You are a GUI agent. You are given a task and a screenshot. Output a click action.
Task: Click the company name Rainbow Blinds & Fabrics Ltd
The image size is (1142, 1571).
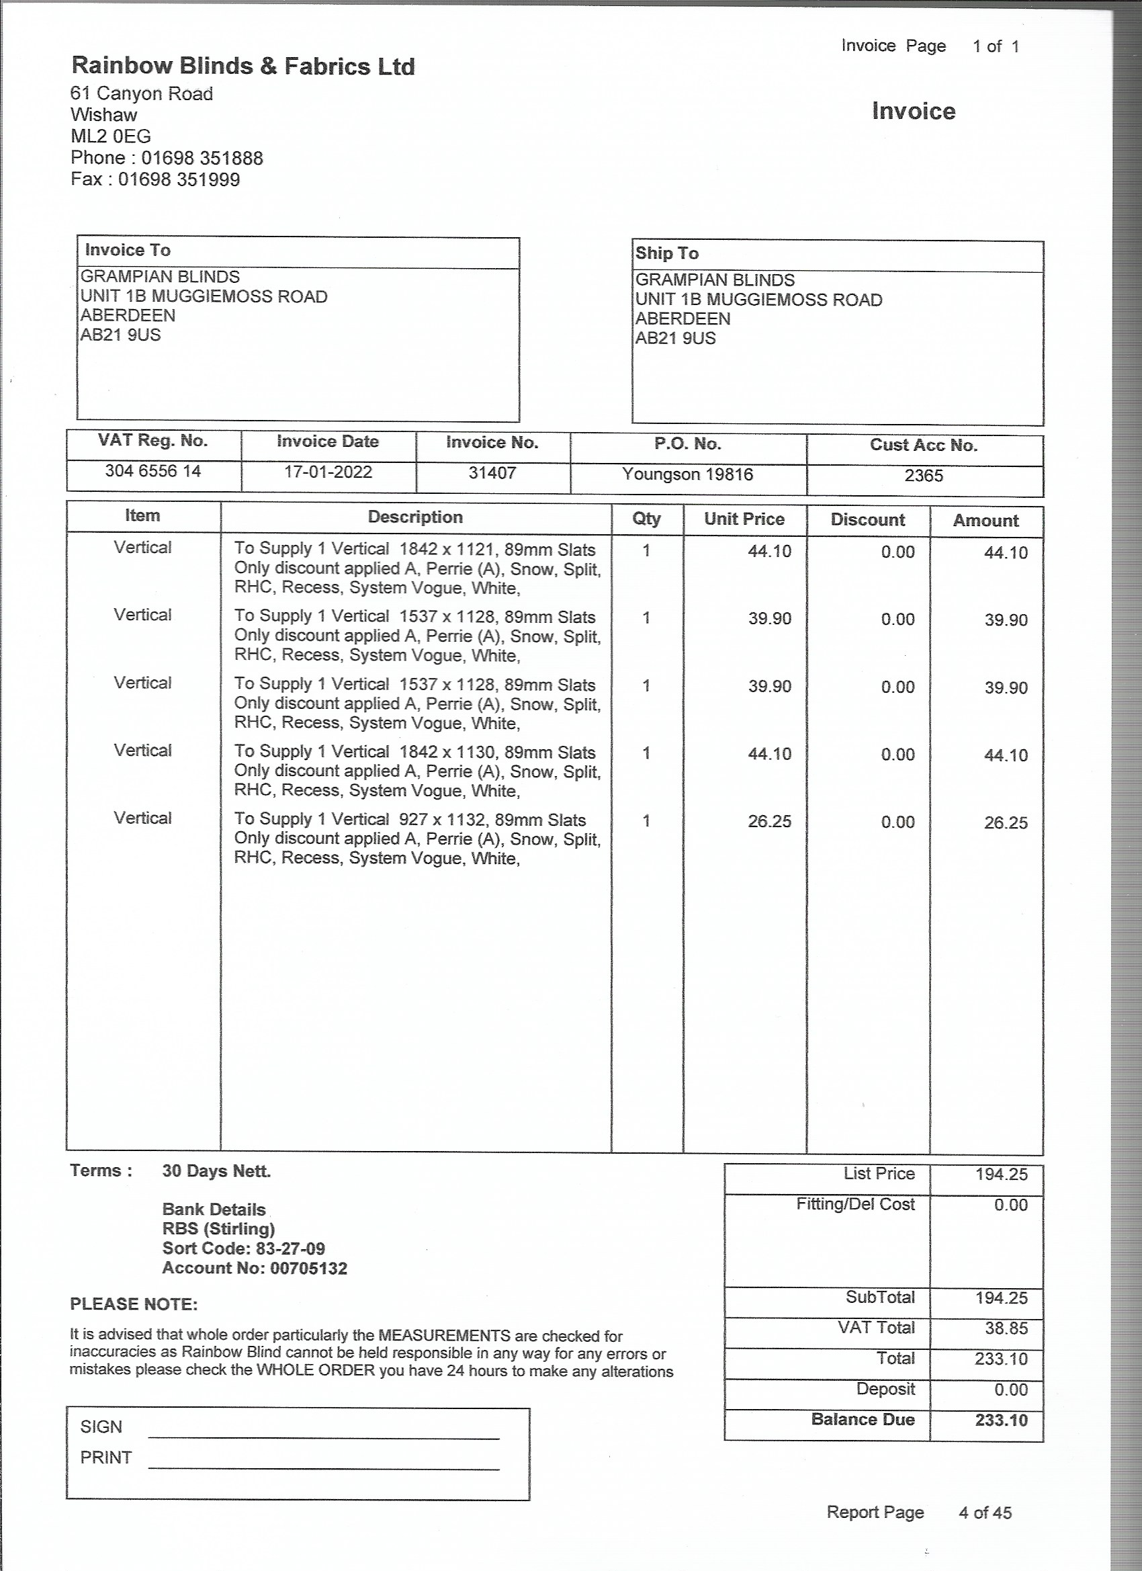coord(243,67)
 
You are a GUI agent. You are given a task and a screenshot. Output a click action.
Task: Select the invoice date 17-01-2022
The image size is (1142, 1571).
coord(328,472)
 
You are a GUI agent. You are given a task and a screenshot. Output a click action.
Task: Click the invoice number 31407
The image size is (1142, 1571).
coord(492,473)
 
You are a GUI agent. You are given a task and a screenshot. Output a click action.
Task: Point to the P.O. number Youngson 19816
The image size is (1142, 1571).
coord(687,474)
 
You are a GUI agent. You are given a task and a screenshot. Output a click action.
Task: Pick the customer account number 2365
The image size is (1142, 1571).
coord(924,476)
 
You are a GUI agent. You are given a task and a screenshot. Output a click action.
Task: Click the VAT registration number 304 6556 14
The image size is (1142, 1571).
coord(153,471)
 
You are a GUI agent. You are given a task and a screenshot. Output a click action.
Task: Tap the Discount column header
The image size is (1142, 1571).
coord(868,520)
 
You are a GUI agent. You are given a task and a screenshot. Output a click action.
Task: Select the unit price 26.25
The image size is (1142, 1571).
coord(769,822)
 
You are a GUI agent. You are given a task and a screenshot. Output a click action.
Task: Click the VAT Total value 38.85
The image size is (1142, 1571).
coord(1002,1328)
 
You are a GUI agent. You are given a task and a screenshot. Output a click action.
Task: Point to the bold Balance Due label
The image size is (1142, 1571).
coord(863,1419)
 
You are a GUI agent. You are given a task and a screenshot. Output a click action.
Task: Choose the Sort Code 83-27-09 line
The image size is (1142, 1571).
coord(243,1248)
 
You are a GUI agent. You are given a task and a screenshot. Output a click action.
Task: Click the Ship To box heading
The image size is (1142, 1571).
coord(667,253)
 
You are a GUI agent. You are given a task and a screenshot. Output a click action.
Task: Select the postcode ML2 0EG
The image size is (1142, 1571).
coord(111,136)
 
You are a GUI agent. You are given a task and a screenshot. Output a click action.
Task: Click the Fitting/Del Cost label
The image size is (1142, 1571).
coord(855,1204)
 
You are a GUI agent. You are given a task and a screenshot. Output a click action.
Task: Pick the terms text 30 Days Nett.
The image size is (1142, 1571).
coord(216,1171)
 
